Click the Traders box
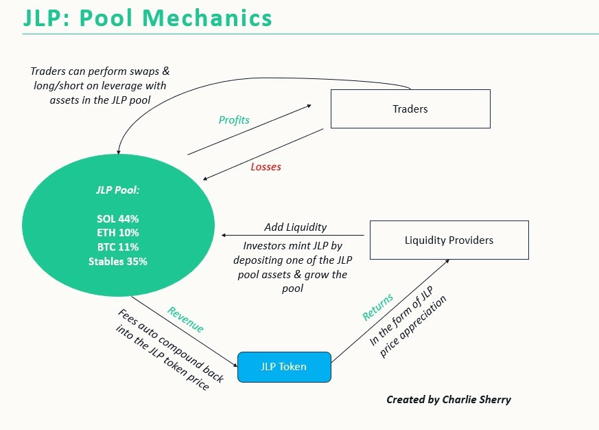[x=410, y=109]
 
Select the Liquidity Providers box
[x=449, y=240]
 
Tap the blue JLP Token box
[x=283, y=366]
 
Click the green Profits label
[x=234, y=120]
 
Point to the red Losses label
[x=266, y=167]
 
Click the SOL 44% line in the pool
[x=117, y=219]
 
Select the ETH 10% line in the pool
[x=117, y=233]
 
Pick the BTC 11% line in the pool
[x=117, y=247]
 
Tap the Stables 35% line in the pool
[x=117, y=261]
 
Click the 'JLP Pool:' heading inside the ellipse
[x=117, y=190]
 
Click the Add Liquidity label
[x=295, y=227]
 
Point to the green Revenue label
[x=185, y=319]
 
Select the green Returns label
[x=378, y=307]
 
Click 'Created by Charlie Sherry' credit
[x=449, y=399]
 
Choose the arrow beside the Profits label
[x=248, y=130]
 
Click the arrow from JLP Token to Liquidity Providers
[x=390, y=309]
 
